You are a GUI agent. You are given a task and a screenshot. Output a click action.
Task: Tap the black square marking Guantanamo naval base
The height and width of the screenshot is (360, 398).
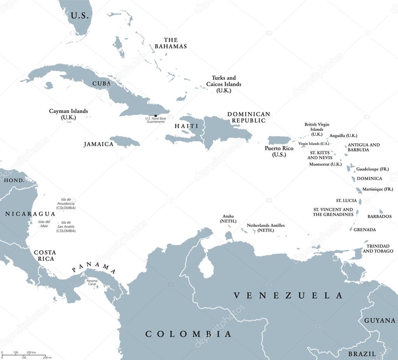point(156,116)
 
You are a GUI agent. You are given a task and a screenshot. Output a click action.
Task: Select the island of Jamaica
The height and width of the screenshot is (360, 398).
point(125,141)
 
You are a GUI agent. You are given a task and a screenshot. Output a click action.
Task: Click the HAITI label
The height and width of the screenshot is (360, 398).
point(186,126)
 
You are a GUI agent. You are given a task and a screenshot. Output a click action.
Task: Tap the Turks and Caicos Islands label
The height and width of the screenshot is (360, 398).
point(224,84)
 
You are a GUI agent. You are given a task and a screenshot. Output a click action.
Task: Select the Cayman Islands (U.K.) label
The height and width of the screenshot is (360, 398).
point(68,114)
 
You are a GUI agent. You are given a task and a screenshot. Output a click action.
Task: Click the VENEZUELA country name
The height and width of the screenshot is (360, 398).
point(288,296)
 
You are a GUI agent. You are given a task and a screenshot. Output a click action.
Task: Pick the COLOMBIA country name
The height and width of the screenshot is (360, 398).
point(188,334)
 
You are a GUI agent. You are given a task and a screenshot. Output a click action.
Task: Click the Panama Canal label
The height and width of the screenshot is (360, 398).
point(92,283)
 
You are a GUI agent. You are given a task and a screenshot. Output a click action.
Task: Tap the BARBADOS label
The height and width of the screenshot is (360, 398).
point(379,216)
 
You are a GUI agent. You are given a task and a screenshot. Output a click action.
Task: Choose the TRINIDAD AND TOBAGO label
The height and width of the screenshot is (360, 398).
point(378,249)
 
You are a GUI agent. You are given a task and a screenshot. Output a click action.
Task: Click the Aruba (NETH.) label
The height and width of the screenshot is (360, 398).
point(228,218)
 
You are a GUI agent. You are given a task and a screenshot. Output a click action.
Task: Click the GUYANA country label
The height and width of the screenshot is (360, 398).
point(379,321)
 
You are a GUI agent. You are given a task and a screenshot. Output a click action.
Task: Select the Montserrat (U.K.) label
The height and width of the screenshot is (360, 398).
point(325,164)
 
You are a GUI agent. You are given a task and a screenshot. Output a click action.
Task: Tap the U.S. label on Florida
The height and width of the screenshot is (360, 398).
point(79,16)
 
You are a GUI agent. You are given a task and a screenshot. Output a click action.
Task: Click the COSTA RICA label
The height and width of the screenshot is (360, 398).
point(44,255)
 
